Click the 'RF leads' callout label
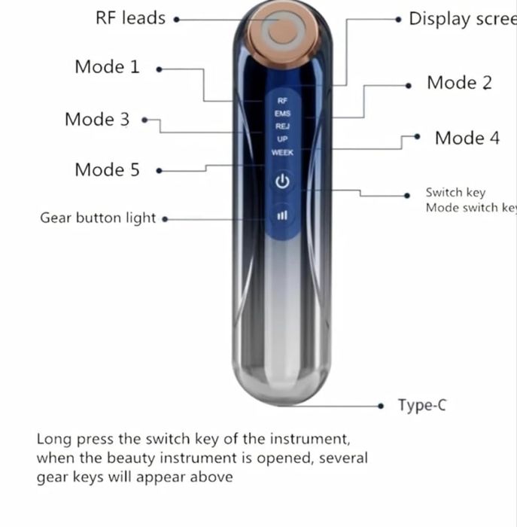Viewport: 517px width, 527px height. coord(130,18)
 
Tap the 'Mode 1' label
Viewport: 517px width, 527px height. coord(107,66)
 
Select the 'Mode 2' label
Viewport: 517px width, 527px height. coord(459,83)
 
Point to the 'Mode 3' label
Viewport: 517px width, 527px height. coord(97,119)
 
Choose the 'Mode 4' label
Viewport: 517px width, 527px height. coord(467,138)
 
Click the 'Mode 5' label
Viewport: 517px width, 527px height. coord(107,169)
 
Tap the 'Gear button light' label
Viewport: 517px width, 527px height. coord(98,218)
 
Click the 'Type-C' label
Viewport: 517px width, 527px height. coord(422,405)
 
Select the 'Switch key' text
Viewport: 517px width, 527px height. coord(455,193)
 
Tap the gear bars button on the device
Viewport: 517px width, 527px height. coord(282,215)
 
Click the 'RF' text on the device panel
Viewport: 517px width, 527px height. coord(282,100)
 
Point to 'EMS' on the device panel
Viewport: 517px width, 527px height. coord(282,113)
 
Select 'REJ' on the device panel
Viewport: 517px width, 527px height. coord(282,126)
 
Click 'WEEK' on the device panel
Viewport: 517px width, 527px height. coord(282,153)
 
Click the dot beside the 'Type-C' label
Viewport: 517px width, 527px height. coord(382,405)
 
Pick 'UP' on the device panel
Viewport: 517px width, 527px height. coord(282,139)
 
